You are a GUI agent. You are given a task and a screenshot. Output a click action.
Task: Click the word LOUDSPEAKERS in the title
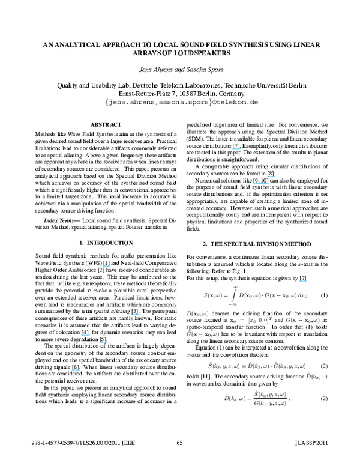(x=181, y=53)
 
